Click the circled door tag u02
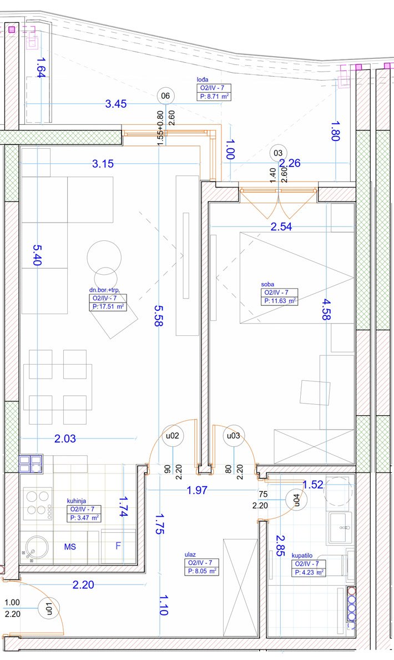(173, 436)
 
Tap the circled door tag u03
(233, 436)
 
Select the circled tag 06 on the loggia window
(165, 96)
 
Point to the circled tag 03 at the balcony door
(278, 153)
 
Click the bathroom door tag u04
(296, 499)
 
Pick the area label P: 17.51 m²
(108, 306)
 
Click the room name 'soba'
(267, 285)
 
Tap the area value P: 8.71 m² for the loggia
(214, 97)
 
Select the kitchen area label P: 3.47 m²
(84, 518)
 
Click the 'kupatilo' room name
(302, 556)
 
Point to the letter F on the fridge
(118, 546)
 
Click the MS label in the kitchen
(70, 546)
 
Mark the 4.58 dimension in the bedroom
(325, 309)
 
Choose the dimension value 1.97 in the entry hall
(197, 490)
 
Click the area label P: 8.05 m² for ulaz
(201, 571)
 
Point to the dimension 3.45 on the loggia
(116, 104)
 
